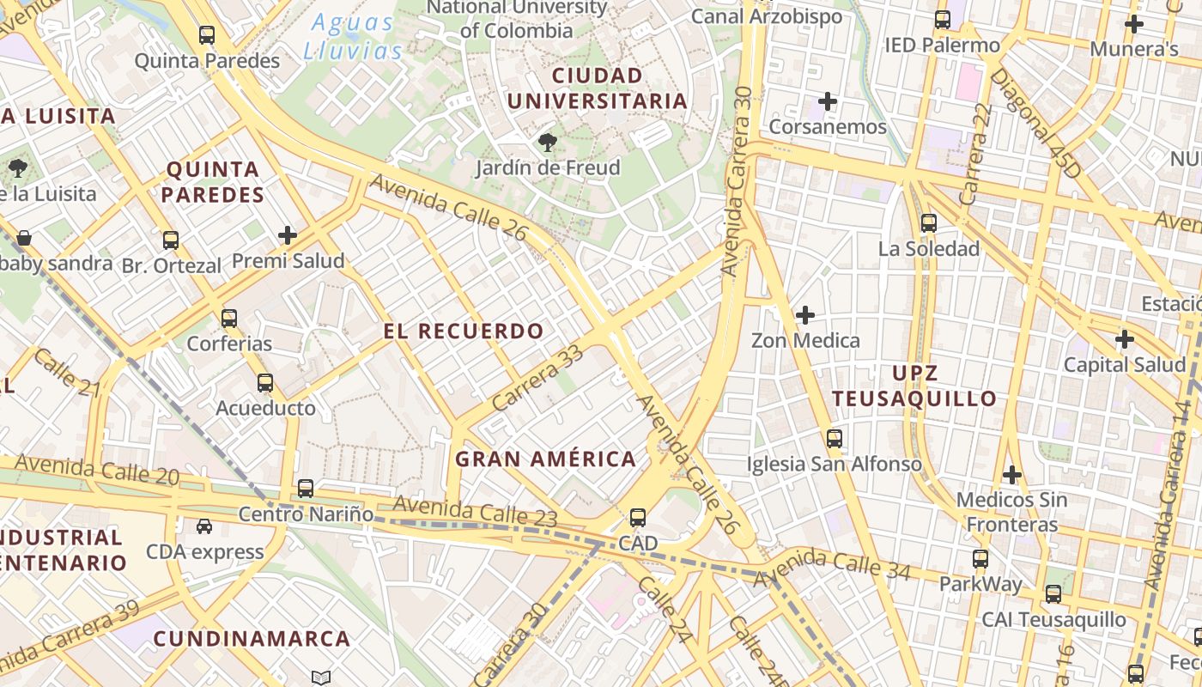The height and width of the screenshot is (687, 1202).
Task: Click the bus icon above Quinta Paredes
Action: [207, 35]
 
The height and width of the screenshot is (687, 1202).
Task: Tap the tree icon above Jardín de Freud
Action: [547, 142]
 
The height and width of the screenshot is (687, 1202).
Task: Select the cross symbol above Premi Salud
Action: [288, 234]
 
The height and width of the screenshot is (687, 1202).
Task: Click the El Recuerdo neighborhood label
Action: [464, 331]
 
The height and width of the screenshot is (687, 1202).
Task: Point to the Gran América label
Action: [545, 459]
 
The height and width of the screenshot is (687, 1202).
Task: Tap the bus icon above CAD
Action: [637, 518]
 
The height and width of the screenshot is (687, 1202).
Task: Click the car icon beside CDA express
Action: [204, 526]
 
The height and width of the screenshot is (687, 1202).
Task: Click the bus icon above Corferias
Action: [228, 319]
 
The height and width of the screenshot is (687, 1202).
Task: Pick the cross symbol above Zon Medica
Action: [804, 315]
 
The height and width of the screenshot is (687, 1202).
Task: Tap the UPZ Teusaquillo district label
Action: [914, 386]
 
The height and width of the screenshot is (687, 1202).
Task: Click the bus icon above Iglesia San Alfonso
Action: [834, 439]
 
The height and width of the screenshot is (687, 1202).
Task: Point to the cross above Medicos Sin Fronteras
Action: [1012, 474]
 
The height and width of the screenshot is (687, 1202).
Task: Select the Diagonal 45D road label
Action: [1035, 124]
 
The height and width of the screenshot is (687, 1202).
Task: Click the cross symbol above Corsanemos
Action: [827, 102]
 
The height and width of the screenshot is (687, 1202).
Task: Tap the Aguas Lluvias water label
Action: [353, 37]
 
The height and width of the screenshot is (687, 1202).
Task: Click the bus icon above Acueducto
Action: [265, 383]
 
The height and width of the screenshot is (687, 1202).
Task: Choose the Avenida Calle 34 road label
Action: [831, 567]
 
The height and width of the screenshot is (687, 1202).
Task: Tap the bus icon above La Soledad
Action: [928, 223]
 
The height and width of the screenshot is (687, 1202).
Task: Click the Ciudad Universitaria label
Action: [598, 88]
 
